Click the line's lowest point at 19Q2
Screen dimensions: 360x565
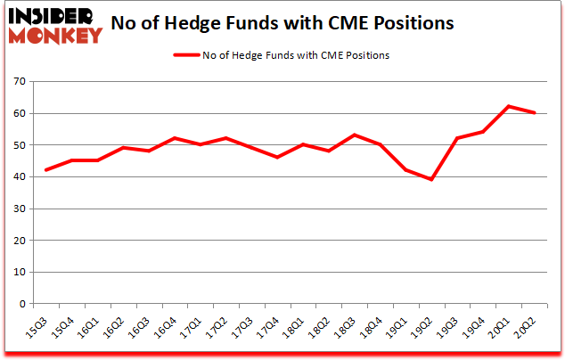coord(430,179)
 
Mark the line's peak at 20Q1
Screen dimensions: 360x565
coord(508,106)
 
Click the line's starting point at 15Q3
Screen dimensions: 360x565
coord(45,169)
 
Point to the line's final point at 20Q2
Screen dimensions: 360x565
coord(534,112)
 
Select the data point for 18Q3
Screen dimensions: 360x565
coord(354,135)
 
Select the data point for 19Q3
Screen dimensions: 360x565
coord(456,138)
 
